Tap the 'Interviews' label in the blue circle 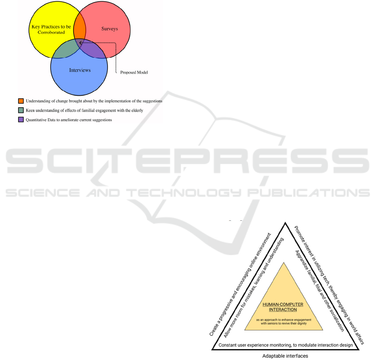[x=80, y=70]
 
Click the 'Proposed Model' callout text [x=134, y=72]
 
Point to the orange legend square [x=21, y=101]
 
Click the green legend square [x=21, y=110]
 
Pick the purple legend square [x=21, y=120]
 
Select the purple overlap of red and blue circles [x=92, y=50]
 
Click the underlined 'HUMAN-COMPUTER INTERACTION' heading [x=283, y=307]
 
